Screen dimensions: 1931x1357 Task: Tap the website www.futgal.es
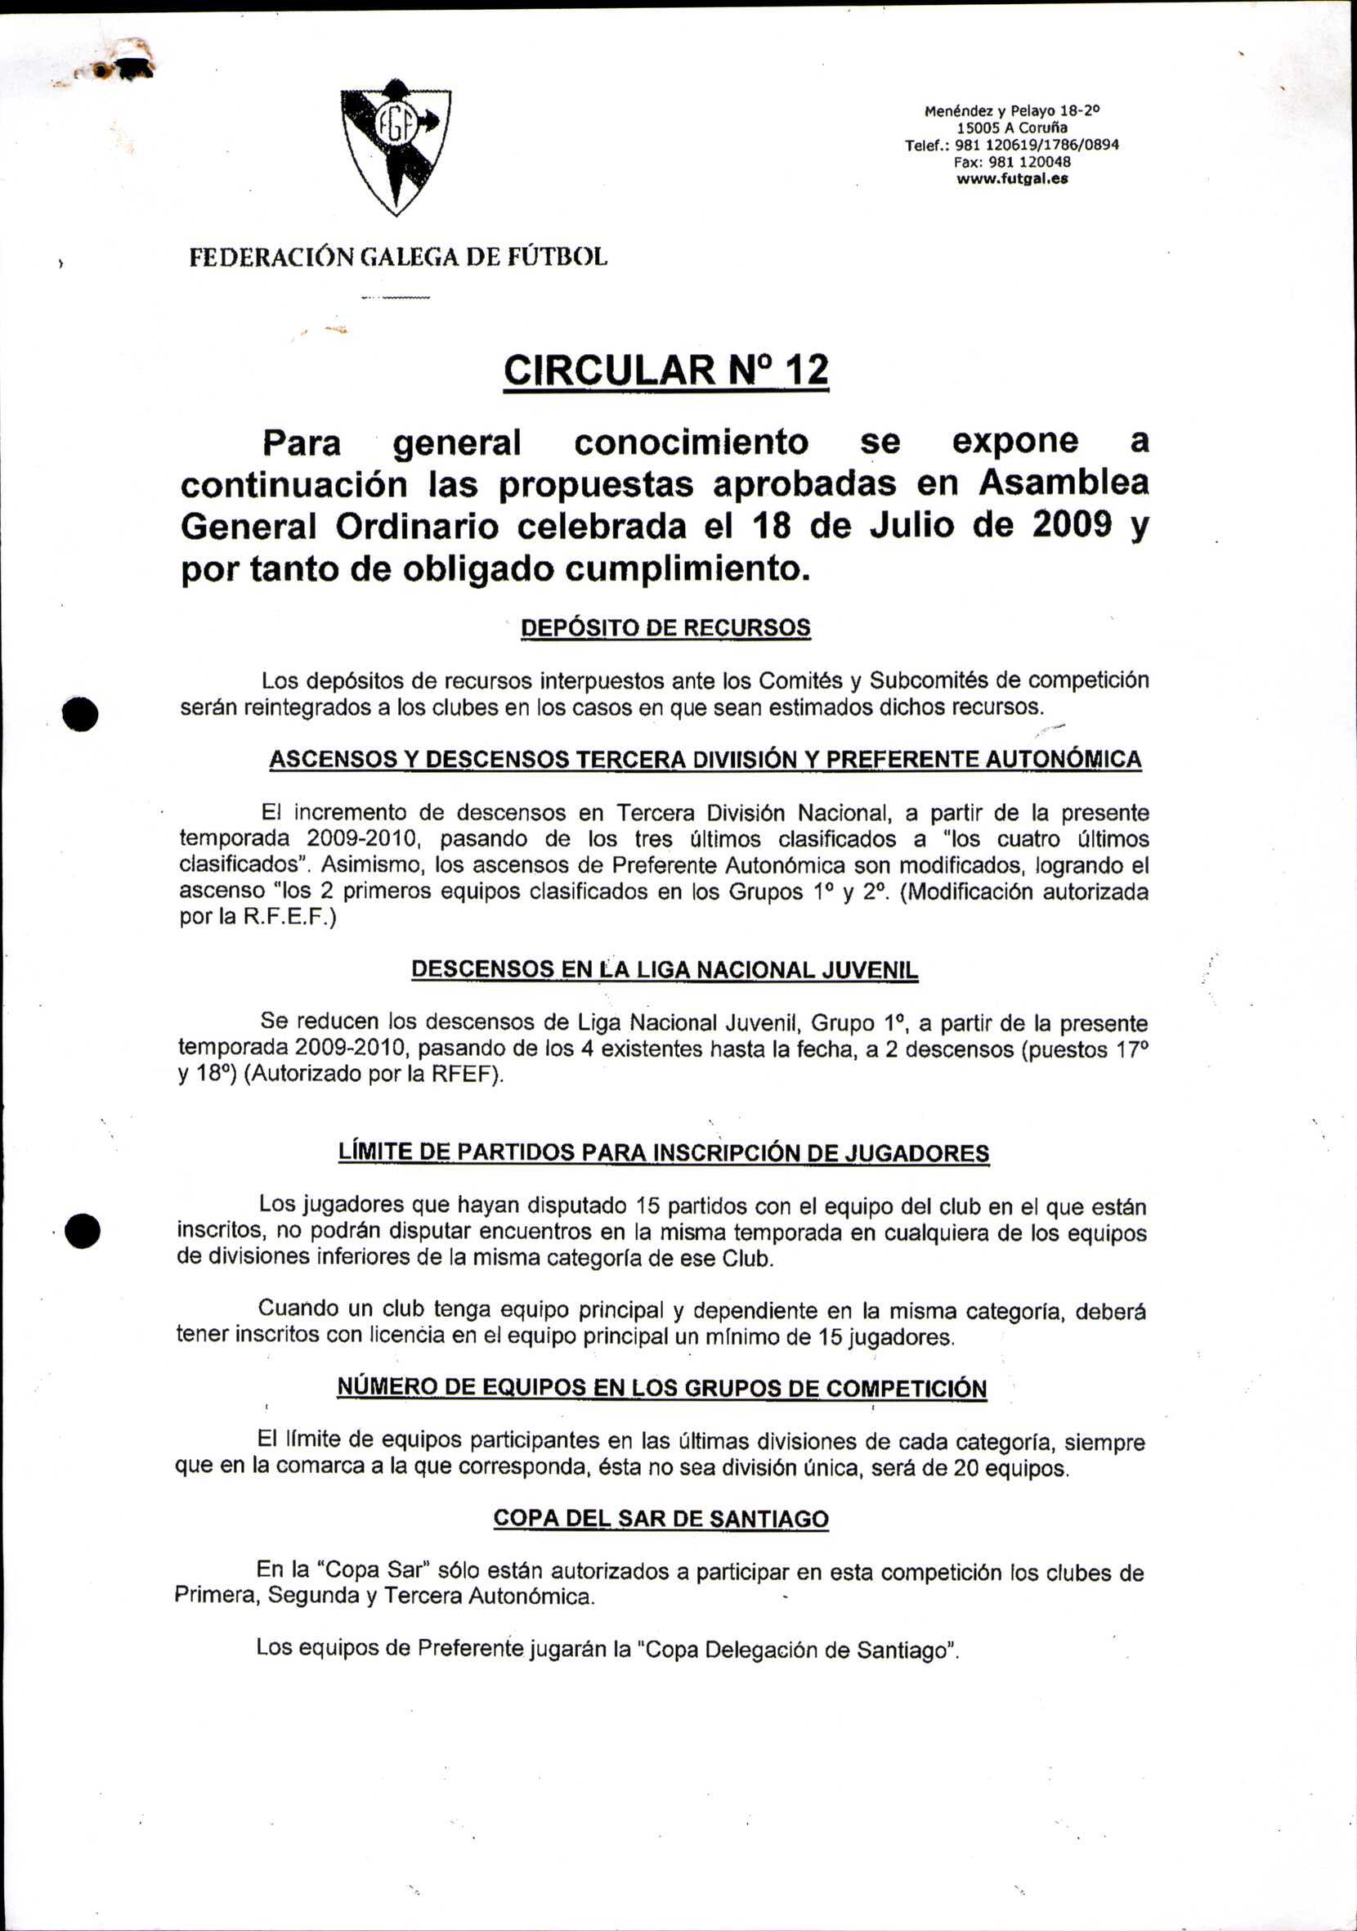click(1011, 179)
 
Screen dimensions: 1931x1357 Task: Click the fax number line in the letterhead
click(1011, 162)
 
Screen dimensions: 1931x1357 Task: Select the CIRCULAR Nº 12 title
click(666, 370)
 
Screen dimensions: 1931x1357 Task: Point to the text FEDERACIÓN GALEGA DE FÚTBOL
click(397, 257)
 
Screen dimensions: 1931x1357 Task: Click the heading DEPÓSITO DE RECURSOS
click(666, 628)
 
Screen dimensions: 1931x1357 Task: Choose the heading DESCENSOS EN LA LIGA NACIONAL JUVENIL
click(665, 970)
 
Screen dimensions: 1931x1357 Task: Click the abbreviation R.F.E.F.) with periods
click(289, 918)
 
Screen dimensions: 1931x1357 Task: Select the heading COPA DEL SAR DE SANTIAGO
click(661, 1519)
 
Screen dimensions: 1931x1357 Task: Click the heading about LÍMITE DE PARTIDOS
click(663, 1152)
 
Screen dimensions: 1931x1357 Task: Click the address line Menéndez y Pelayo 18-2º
click(1011, 110)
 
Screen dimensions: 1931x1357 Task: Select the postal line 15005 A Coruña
click(1011, 128)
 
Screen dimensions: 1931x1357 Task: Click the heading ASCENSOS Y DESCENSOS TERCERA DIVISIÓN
click(705, 760)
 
